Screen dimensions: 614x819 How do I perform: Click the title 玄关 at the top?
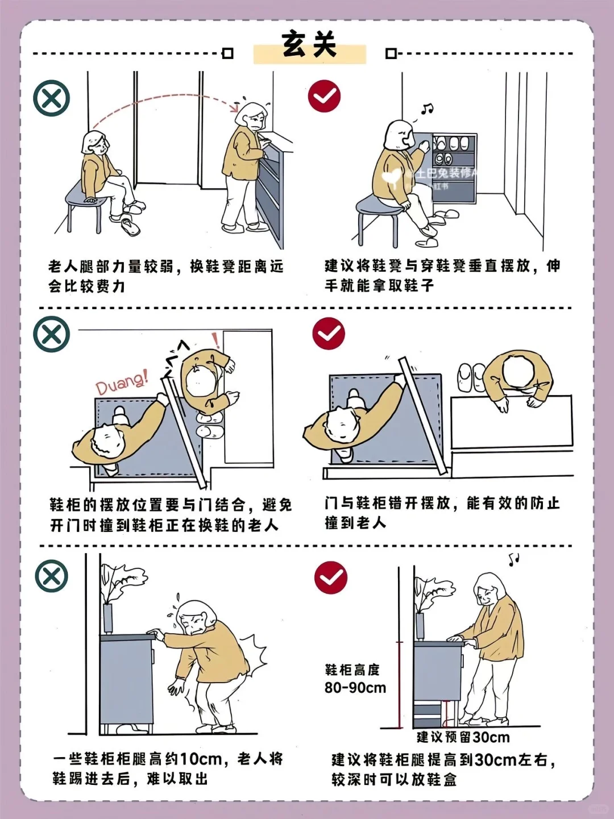point(309,44)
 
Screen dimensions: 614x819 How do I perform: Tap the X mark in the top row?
point(52,98)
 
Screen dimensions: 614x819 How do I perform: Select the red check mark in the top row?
point(324,96)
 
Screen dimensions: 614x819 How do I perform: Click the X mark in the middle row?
point(52,334)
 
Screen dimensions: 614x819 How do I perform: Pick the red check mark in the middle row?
point(329,334)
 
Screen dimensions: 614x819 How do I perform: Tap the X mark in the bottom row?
point(52,576)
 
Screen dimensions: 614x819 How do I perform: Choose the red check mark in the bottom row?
point(331,577)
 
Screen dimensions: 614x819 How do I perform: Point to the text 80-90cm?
point(355,688)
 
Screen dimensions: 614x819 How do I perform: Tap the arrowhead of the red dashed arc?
point(235,107)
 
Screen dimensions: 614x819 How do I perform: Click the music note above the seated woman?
point(428,109)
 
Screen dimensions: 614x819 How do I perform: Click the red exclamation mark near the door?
point(215,340)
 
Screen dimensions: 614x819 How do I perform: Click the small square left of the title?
point(227,53)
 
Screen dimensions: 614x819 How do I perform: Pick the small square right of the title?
point(391,53)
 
